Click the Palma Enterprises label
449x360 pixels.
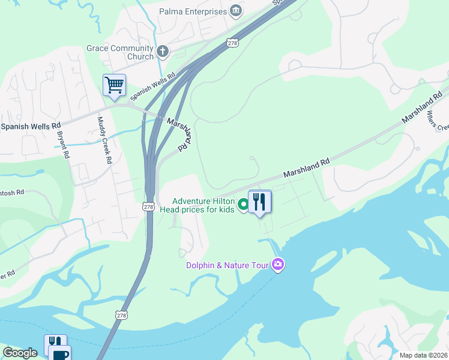[193, 11]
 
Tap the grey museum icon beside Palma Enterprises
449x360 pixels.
[236, 11]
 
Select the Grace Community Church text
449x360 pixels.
[119, 52]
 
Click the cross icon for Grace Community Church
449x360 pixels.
[162, 52]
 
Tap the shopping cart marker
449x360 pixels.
[114, 85]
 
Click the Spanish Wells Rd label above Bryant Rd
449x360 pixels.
[31, 126]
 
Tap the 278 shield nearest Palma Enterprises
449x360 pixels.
[233, 43]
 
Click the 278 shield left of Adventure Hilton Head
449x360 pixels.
[149, 206]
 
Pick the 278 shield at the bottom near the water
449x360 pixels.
[122, 315]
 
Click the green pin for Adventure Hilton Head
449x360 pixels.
[243, 205]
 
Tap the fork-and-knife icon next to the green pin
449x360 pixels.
[260, 202]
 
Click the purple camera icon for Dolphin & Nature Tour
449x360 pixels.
[277, 264]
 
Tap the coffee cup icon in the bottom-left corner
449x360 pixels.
[59, 354]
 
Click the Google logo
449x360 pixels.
[20, 353]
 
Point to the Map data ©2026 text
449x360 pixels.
[423, 355]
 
